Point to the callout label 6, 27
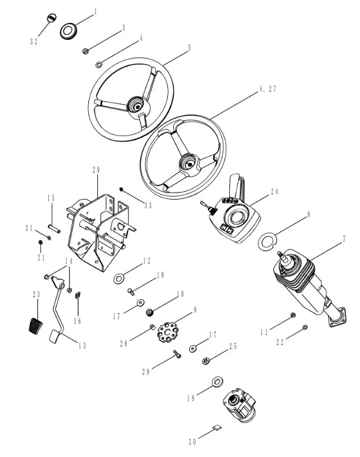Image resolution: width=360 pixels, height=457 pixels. tap(267, 89)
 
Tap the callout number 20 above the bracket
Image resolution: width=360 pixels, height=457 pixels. tap(97, 170)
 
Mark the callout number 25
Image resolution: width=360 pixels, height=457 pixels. tap(233, 346)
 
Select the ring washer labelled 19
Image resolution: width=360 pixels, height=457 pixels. tap(216, 383)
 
